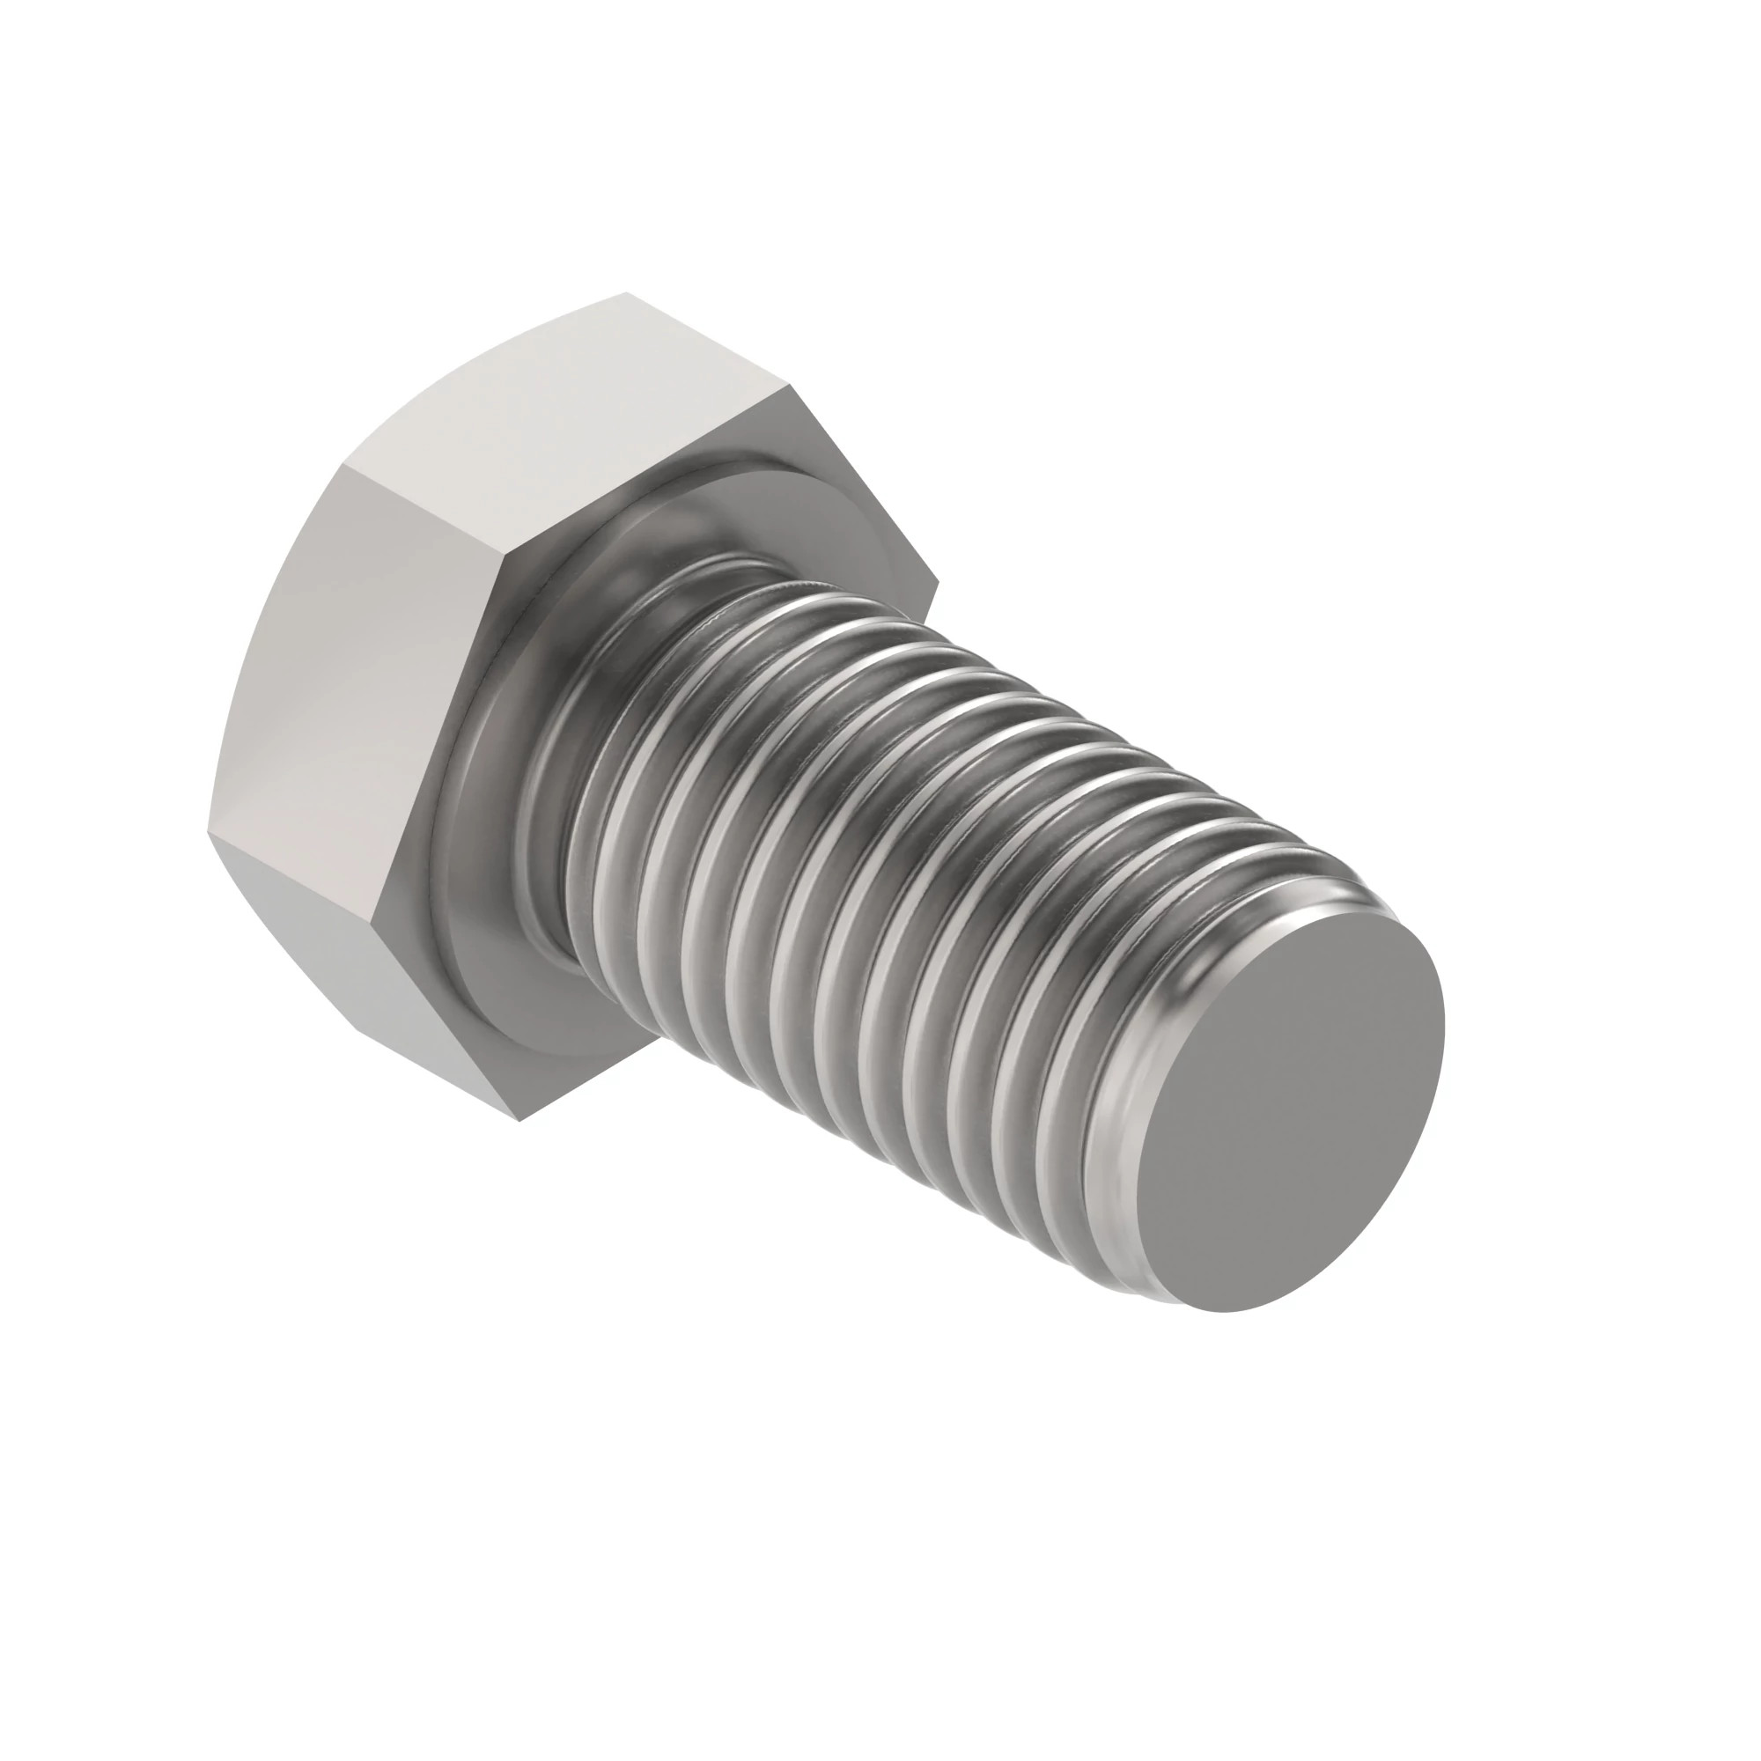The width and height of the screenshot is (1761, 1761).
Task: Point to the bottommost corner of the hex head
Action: (519, 1120)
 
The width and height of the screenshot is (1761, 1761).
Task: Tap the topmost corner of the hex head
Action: (627, 293)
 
